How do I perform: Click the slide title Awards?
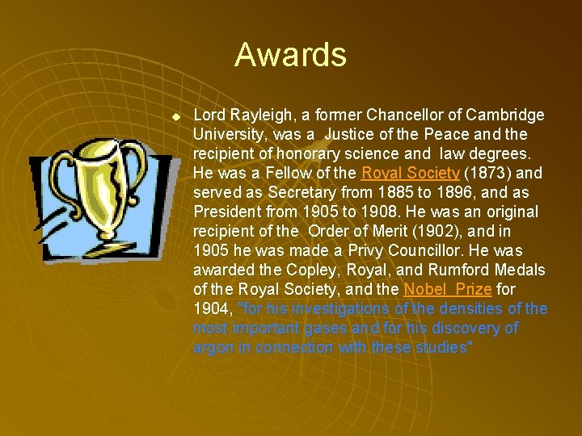(x=290, y=55)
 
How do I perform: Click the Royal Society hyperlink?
(x=410, y=173)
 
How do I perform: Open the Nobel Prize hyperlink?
(x=447, y=289)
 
